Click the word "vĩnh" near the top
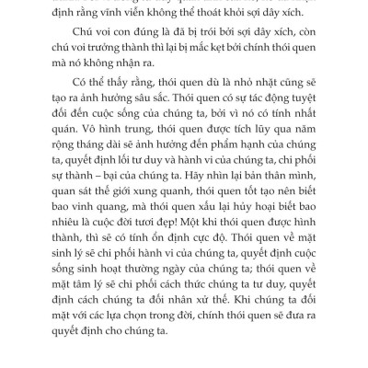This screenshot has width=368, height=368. (x=121, y=17)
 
